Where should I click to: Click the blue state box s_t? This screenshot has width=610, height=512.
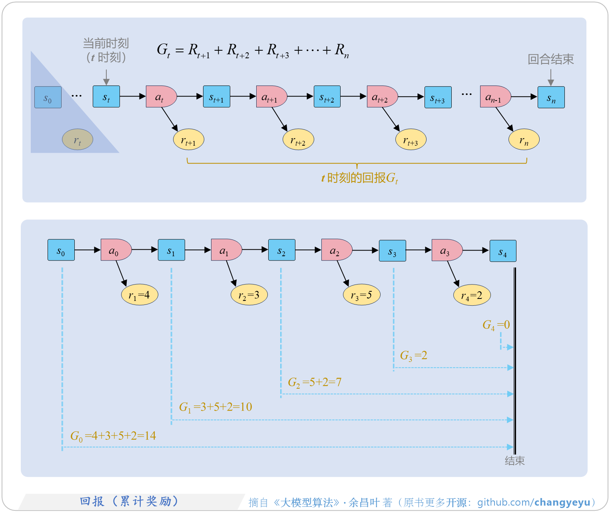pos(106,97)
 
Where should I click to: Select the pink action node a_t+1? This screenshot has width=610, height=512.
pos(271,97)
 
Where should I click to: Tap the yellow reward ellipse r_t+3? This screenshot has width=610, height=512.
pos(411,140)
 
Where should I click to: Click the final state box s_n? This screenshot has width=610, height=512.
pos(551,97)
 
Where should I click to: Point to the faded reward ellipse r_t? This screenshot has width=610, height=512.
pos(78,139)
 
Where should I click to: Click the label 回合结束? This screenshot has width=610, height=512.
pos(550,59)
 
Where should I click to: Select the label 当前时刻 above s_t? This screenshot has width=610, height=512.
pos(106,43)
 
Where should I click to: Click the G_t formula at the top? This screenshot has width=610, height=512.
pos(253,51)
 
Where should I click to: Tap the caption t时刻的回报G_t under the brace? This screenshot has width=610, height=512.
pos(359,178)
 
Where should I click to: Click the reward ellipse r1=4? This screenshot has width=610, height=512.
pos(140,295)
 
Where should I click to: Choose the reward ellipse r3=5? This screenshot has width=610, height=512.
pos(361,295)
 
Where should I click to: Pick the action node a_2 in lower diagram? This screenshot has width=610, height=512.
pos(336,250)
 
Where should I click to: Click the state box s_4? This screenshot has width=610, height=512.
pos(503,251)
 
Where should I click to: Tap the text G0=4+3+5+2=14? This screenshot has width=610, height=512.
pos(113,436)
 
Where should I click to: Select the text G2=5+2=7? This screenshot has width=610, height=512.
pos(315,382)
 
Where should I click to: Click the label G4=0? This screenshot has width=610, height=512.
pos(496,325)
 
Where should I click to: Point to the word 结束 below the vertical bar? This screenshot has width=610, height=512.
pos(514,461)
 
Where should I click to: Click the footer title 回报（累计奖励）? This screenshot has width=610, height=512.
pos(129,501)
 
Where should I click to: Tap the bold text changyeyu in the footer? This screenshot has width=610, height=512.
pos(562,502)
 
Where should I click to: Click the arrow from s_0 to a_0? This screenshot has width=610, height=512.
pos(88,250)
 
